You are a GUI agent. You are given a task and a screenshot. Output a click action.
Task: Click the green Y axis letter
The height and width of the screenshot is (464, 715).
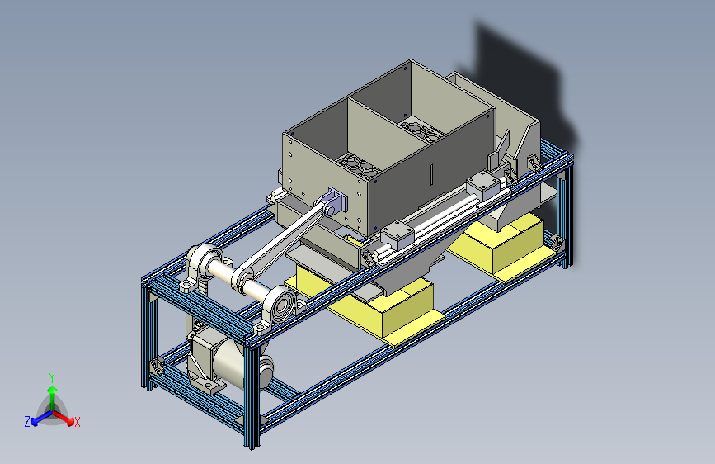[x=52, y=377]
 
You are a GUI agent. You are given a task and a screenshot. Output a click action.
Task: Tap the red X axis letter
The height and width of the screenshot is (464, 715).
[x=77, y=422]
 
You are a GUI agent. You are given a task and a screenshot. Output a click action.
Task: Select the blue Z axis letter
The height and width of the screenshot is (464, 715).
[x=27, y=422]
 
